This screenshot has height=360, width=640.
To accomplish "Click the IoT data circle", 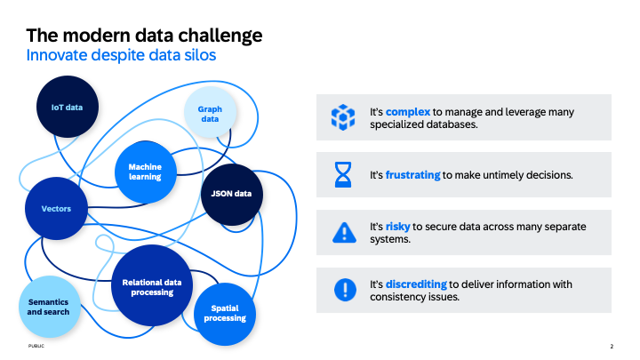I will tap(67, 108).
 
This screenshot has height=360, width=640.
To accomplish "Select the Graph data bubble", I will tap(210, 113).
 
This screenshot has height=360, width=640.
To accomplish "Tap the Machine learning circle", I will tap(145, 171).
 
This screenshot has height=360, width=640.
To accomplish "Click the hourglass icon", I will tap(342, 175).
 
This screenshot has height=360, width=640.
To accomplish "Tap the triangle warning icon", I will tap(342, 233).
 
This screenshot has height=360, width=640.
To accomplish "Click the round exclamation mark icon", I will tap(342, 290).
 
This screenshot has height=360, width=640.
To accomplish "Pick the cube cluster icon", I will tap(342, 117).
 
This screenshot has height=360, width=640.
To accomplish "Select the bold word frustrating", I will tap(413, 175).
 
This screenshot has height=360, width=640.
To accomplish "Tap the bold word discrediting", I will tap(416, 284).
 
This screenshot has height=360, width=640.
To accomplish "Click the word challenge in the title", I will tap(216, 36).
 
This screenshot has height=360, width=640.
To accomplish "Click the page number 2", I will tap(612, 346).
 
